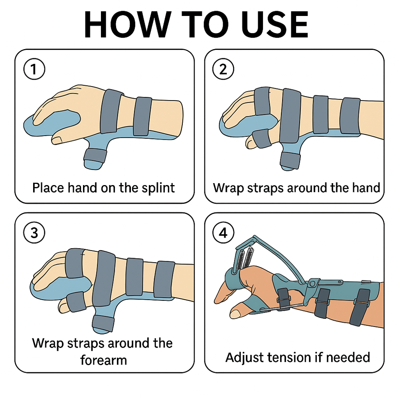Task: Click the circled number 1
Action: coord(34,69)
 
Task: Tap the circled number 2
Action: coord(223,69)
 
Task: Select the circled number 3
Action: coord(34,233)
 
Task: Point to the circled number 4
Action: coord(223,233)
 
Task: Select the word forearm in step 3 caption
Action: coord(103,360)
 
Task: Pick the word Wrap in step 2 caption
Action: coord(229,188)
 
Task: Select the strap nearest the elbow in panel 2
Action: coord(350,116)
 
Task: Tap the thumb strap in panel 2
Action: coord(290,160)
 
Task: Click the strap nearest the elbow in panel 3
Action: coord(164,280)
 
